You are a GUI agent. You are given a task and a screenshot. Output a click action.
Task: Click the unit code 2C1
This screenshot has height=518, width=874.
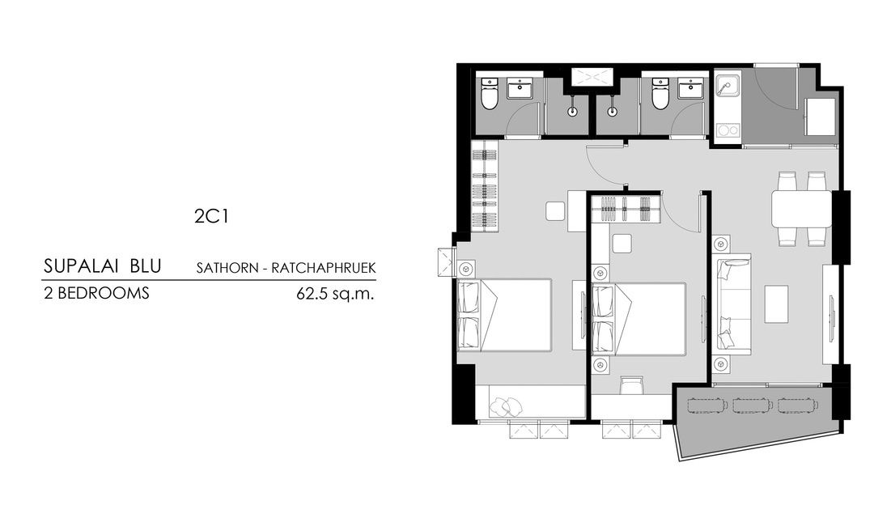click(208, 216)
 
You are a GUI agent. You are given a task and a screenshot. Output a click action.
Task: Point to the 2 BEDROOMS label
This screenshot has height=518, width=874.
click(97, 294)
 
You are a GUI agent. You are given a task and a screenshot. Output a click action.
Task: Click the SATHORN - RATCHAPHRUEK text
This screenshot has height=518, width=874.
click(286, 267)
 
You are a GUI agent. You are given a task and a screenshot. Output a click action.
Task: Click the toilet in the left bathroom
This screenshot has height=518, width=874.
click(489, 96)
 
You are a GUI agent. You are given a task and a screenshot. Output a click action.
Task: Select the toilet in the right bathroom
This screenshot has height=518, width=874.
click(660, 96)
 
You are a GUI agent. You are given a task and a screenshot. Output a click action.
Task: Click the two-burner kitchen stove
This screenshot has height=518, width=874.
click(727, 130)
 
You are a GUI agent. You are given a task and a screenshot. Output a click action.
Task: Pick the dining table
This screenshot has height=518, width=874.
click(801, 209)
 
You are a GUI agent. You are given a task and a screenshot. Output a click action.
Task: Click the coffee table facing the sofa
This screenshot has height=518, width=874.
click(777, 304)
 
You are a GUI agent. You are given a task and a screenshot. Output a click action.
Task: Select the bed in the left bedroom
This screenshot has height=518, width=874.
click(503, 315)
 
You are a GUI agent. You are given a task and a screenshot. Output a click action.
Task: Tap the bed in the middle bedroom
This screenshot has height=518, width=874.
click(639, 319)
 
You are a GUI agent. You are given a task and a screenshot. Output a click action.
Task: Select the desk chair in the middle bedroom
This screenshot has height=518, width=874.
click(631, 386)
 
